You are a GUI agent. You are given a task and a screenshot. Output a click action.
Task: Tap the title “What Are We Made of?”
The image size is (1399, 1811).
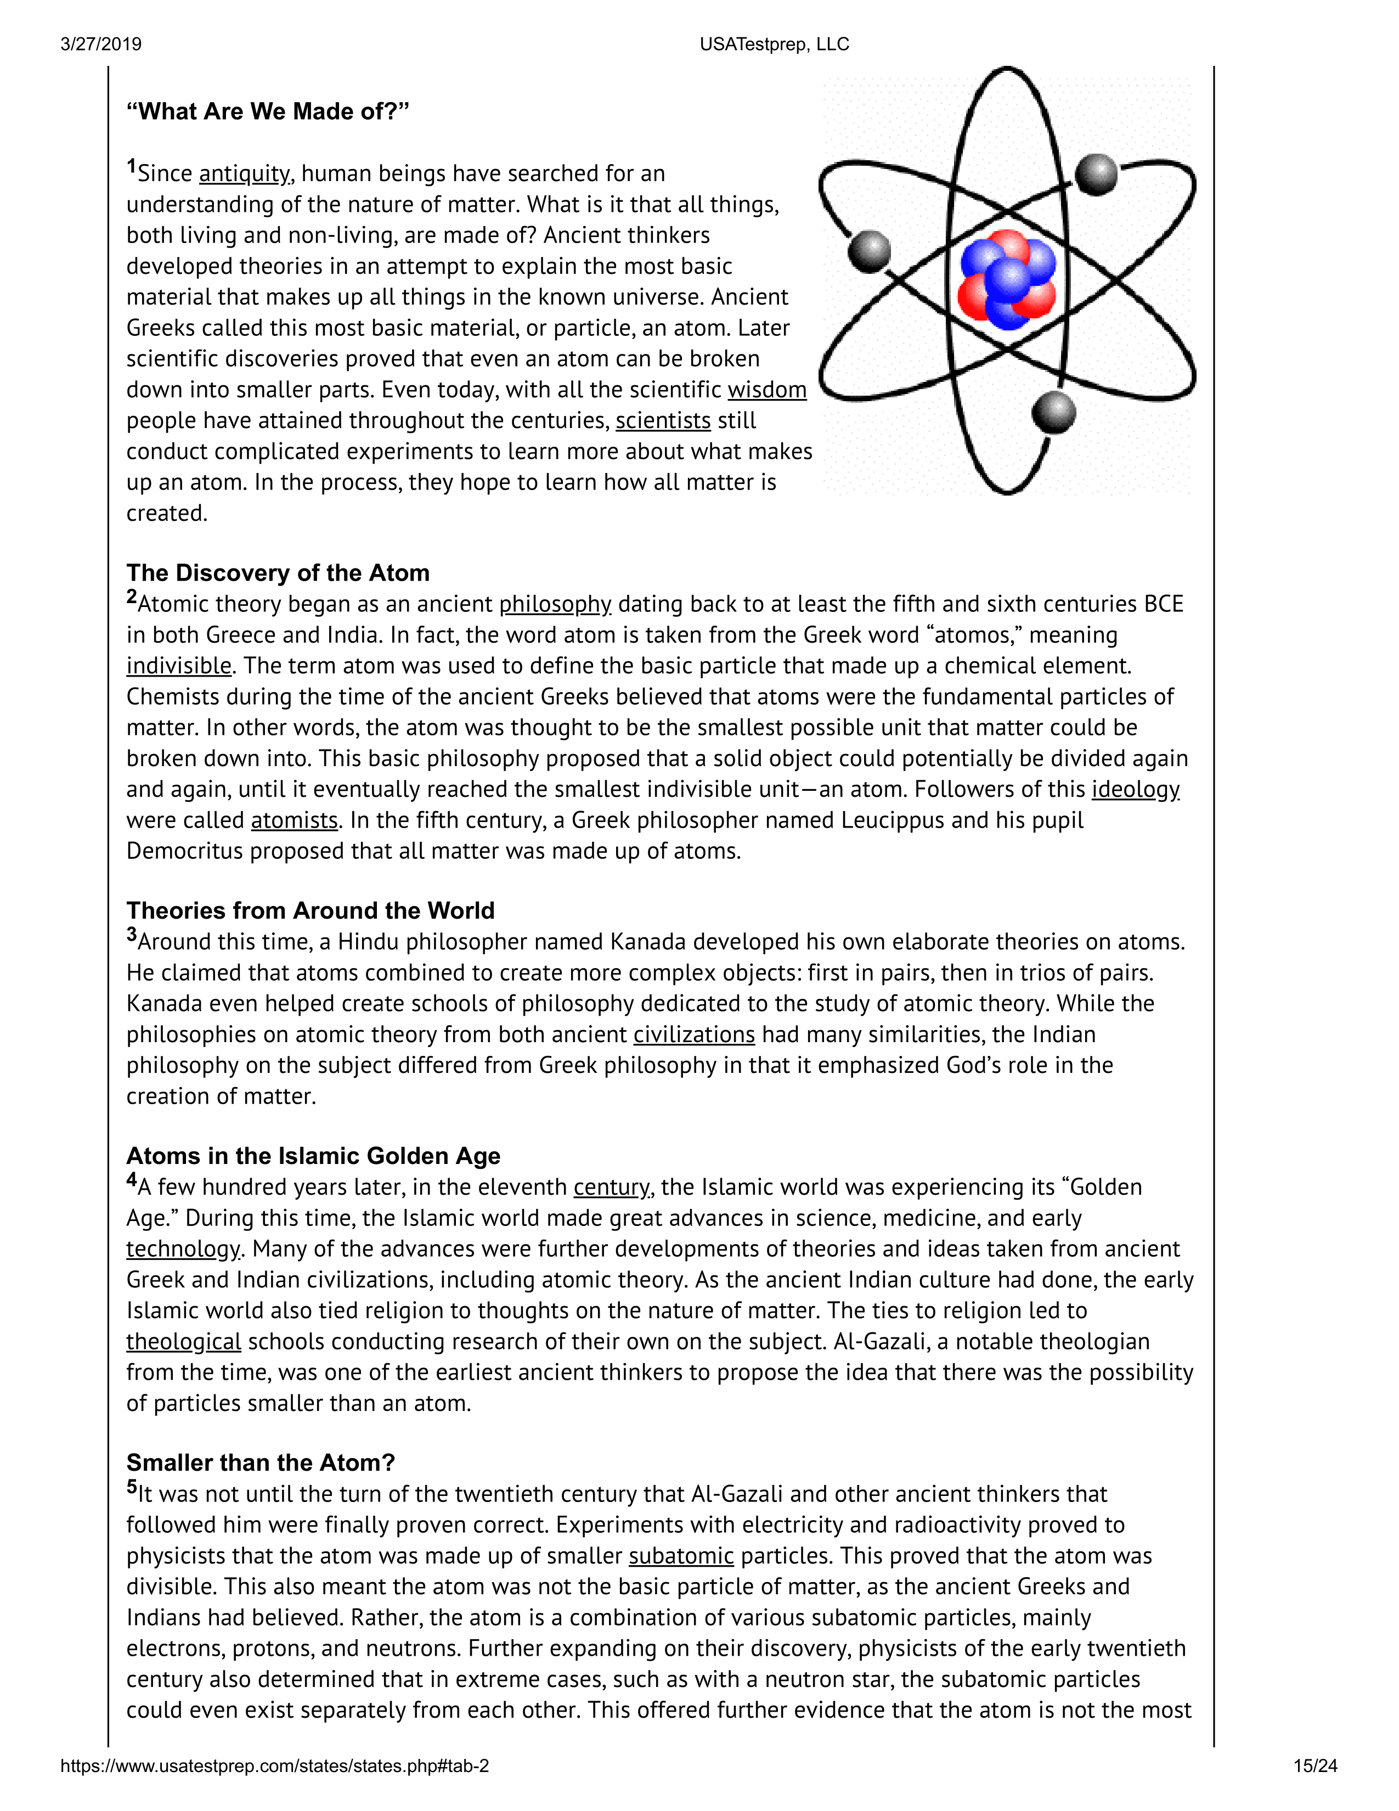point(268,112)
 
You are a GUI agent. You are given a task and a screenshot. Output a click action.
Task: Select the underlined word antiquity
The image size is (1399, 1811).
point(245,174)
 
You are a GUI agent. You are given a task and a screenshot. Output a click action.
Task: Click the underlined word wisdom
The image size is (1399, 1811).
point(766,390)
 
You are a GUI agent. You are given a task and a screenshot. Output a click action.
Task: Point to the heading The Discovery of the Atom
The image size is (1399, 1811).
point(278,573)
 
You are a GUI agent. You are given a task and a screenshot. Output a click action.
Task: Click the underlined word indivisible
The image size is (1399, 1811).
point(178,666)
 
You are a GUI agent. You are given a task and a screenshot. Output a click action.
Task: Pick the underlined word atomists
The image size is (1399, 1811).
point(294,821)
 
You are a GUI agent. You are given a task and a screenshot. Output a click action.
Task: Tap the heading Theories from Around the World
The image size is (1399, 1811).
point(310,910)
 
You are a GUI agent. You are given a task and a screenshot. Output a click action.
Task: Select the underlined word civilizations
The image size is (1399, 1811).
point(693,1035)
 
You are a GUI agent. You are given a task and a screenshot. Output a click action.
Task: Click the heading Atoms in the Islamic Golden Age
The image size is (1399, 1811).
point(313,1156)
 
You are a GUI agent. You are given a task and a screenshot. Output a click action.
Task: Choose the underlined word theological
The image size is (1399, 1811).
point(183,1342)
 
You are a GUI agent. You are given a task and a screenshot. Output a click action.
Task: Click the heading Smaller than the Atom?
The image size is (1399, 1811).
point(260,1463)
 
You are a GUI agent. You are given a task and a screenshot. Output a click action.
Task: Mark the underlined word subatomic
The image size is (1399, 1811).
point(681,1556)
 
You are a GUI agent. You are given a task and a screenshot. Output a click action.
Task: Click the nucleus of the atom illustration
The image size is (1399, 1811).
point(1007,280)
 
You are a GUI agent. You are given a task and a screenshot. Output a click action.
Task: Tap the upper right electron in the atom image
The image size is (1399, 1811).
point(1096,175)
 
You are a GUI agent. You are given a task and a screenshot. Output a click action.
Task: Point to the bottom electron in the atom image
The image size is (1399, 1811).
point(1053,412)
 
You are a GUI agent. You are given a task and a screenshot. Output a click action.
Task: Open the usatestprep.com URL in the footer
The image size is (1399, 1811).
point(274,1766)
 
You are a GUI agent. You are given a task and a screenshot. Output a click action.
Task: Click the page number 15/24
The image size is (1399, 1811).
point(1315,1766)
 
